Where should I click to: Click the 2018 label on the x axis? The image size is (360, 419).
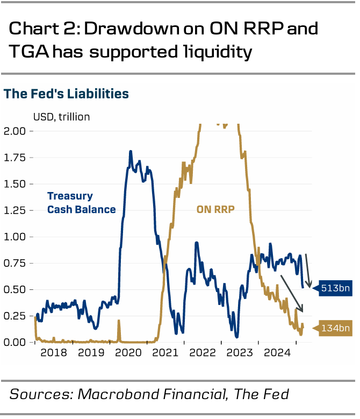53,354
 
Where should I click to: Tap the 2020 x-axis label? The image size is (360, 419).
128,354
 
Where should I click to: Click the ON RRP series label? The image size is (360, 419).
216,209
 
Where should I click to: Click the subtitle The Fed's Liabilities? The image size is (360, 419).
67,94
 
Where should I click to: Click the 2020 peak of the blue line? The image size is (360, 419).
131,152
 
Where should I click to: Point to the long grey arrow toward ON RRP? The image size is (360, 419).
292,293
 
